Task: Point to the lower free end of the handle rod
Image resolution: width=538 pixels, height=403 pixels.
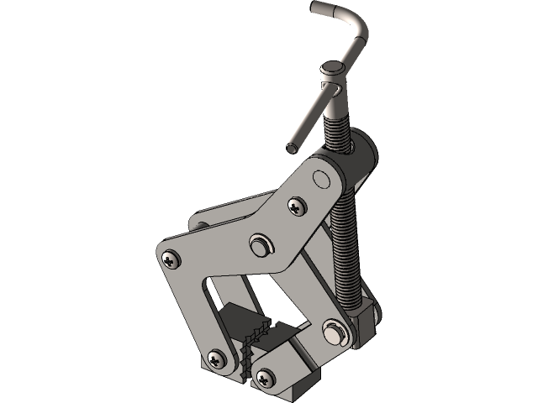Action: click(x=292, y=148)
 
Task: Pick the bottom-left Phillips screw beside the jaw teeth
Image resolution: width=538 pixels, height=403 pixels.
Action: click(x=219, y=360)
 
